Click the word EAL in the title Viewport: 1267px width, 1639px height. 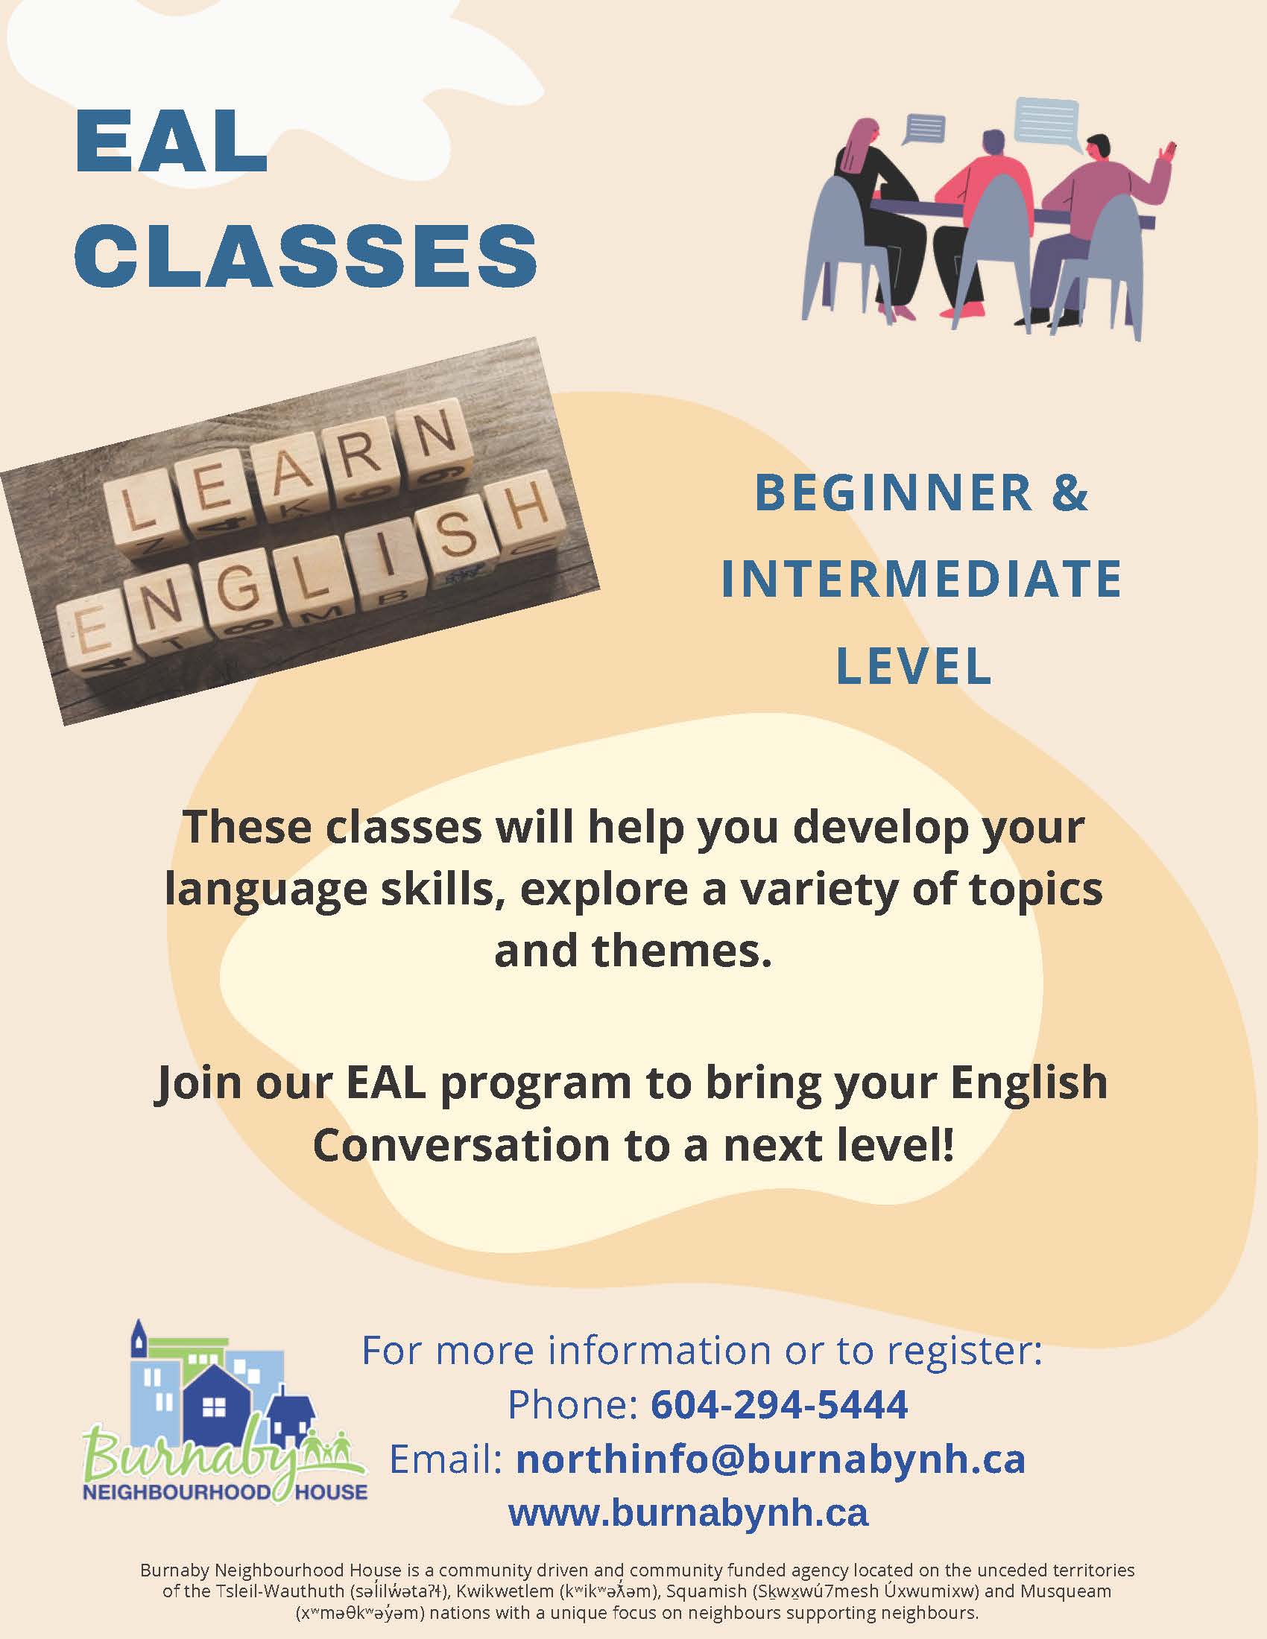coord(172,142)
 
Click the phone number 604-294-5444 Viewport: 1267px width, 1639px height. coord(779,1404)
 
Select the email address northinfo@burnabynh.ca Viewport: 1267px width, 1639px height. coord(771,1459)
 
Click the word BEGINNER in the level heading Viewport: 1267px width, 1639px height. coord(894,492)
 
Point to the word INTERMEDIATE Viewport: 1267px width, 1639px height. coord(921,579)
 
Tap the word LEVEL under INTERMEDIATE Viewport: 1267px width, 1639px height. coord(914,665)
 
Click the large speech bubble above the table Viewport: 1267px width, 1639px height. coord(1046,124)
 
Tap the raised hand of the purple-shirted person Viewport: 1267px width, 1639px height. coord(1165,156)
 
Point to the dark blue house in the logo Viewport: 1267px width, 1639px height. coord(217,1404)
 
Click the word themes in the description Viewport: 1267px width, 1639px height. coord(681,951)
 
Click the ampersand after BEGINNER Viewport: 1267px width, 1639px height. coord(1070,492)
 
